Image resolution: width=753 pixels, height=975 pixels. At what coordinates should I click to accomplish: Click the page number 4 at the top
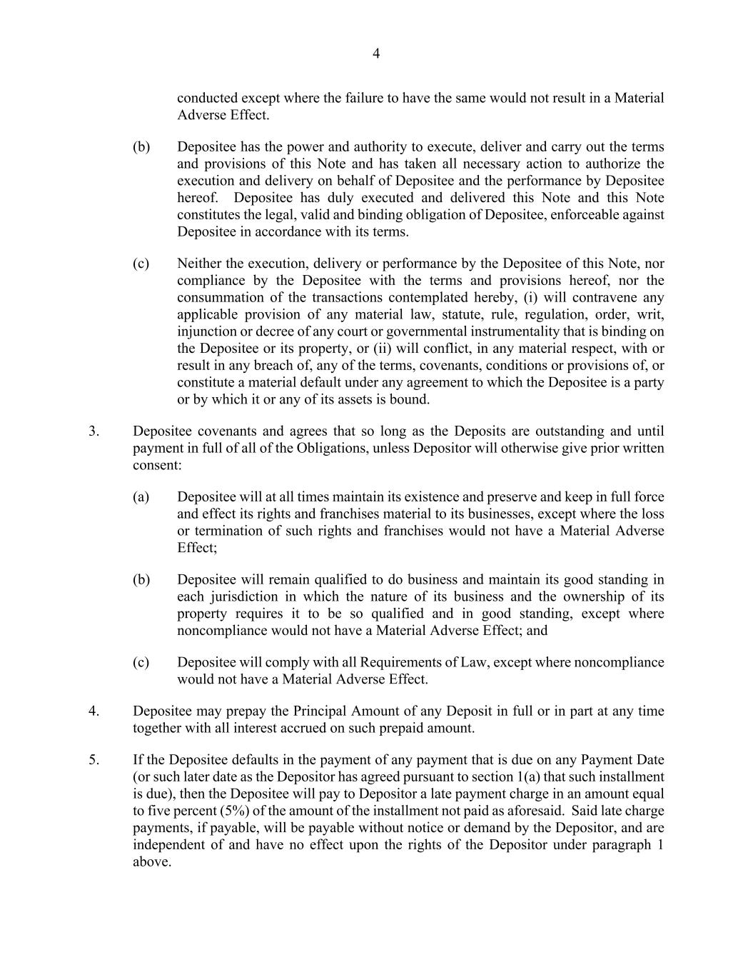tap(376, 54)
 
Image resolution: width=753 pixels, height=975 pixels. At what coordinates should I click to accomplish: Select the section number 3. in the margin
tap(94, 431)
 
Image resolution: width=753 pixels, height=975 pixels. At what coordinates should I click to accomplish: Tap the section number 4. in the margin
tap(94, 711)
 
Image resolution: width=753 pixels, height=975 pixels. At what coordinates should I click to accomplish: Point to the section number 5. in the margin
tap(94, 760)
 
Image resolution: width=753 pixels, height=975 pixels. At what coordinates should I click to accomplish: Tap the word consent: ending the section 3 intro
tap(157, 466)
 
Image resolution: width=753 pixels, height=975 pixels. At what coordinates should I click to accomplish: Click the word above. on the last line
tap(152, 862)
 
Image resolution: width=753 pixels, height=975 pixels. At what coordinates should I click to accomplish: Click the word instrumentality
tap(538, 331)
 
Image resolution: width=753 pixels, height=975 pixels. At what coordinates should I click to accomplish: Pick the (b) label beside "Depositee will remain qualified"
tap(141, 580)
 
